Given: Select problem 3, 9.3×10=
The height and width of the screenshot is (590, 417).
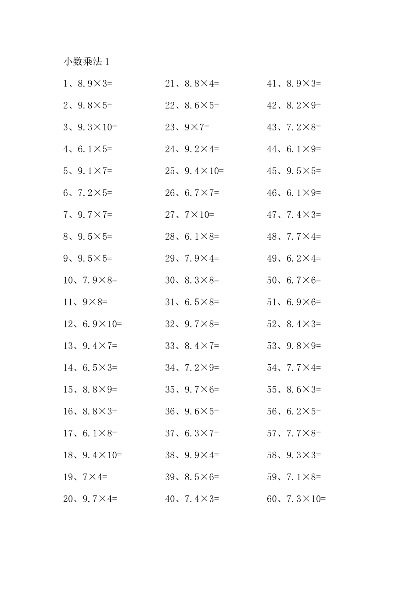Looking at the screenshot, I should pyautogui.click(x=90, y=127).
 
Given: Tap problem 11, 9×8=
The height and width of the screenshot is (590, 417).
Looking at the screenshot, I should pyautogui.click(x=85, y=302).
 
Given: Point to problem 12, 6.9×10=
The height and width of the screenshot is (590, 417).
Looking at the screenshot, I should pyautogui.click(x=93, y=324).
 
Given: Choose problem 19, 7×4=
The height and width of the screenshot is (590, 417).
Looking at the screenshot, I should pyautogui.click(x=85, y=477).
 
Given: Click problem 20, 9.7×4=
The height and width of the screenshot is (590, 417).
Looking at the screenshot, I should pyautogui.click(x=90, y=499).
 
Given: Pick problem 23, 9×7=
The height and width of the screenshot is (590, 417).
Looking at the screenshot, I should pyautogui.click(x=187, y=127).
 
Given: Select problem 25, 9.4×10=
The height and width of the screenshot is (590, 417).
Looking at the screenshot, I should pyautogui.click(x=194, y=171).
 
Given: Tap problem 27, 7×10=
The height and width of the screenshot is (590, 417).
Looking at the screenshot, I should pyautogui.click(x=190, y=215).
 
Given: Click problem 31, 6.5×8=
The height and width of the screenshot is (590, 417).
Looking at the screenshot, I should pyautogui.click(x=192, y=302).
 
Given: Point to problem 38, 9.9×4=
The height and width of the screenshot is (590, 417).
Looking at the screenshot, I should pyautogui.click(x=192, y=455).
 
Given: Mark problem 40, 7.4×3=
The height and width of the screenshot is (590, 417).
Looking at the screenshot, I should pyautogui.click(x=192, y=499).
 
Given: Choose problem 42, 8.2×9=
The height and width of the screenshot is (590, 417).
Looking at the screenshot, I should pyautogui.click(x=294, y=105).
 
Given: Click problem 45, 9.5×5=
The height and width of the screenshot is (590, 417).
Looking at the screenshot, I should pyautogui.click(x=294, y=171).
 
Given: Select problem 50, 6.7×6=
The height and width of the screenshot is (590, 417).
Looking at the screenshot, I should pyautogui.click(x=294, y=280).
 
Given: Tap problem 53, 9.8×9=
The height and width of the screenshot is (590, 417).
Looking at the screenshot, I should pyautogui.click(x=294, y=346).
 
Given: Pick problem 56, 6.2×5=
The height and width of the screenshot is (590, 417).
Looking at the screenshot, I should pyautogui.click(x=294, y=411).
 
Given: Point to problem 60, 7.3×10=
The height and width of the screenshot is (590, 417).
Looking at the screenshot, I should pyautogui.click(x=296, y=499).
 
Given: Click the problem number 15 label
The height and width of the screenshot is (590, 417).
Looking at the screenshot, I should pyautogui.click(x=68, y=389).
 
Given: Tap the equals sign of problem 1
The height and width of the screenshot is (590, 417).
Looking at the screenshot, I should pyautogui.click(x=110, y=83).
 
